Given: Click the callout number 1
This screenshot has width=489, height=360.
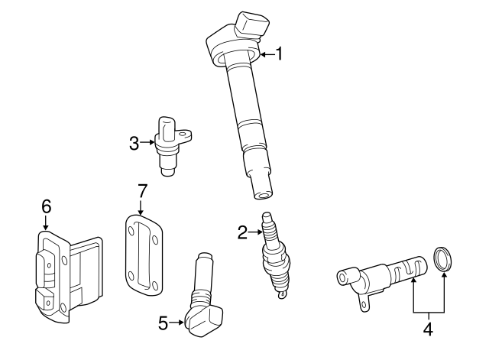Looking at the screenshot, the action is coord(280,54).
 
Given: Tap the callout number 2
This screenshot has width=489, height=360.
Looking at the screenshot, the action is coord(242,232).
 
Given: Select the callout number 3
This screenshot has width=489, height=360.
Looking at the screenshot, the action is coord(134,144).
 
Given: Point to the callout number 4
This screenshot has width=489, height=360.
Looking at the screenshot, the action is coord(429,329).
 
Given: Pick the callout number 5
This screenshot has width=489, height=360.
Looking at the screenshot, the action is coord(163,323).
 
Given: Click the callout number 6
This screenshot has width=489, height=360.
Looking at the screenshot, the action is coord(46,206).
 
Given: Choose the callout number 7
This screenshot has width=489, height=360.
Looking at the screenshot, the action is coord(142,191).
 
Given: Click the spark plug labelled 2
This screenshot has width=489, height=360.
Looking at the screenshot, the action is coord(276,255).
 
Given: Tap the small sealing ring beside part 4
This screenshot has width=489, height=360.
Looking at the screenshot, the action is coord(442,259).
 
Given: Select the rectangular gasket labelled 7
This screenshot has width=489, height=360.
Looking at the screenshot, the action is coord(144,255).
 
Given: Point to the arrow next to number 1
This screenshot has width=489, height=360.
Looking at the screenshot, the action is coord(267,54).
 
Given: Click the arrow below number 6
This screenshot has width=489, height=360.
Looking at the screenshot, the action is coord(46,223).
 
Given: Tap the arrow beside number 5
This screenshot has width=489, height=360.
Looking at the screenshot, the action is coord(176,323).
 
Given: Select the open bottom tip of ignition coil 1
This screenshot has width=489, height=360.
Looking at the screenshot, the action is coord(262,196).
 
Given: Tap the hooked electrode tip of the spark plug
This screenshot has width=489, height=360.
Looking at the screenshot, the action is coord(282,294).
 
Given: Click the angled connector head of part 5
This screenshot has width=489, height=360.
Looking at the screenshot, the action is coord(204,321).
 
